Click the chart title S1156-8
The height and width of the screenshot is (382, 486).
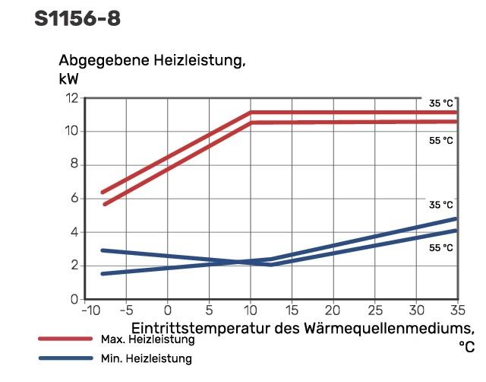tap(77, 18)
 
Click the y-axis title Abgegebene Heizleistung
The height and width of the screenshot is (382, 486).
tap(151, 61)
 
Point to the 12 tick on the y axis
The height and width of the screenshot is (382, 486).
tap(72, 98)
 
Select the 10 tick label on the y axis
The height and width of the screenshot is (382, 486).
tap(72, 132)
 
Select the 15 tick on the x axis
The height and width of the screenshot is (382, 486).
tap(292, 310)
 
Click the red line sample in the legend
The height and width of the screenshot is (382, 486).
tap(65, 339)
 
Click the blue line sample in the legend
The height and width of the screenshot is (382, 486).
tap(65, 358)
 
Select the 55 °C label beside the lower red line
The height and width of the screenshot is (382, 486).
tap(440, 141)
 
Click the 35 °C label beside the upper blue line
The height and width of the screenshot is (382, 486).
tap(440, 205)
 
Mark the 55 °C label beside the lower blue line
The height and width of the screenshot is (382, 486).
tap(440, 248)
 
